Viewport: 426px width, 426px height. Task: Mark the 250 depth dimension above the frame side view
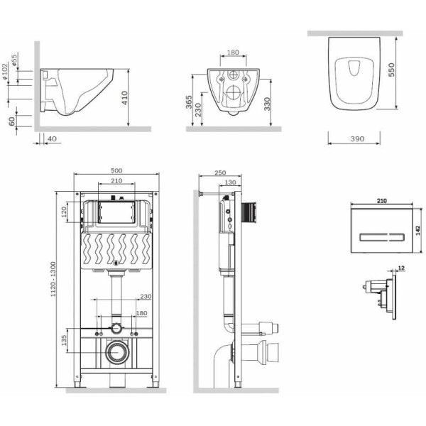pos(219,173)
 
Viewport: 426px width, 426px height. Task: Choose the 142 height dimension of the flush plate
pos(419,226)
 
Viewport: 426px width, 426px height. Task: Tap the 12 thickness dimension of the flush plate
pos(400,268)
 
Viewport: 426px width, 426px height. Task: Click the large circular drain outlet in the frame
pos(116,353)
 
